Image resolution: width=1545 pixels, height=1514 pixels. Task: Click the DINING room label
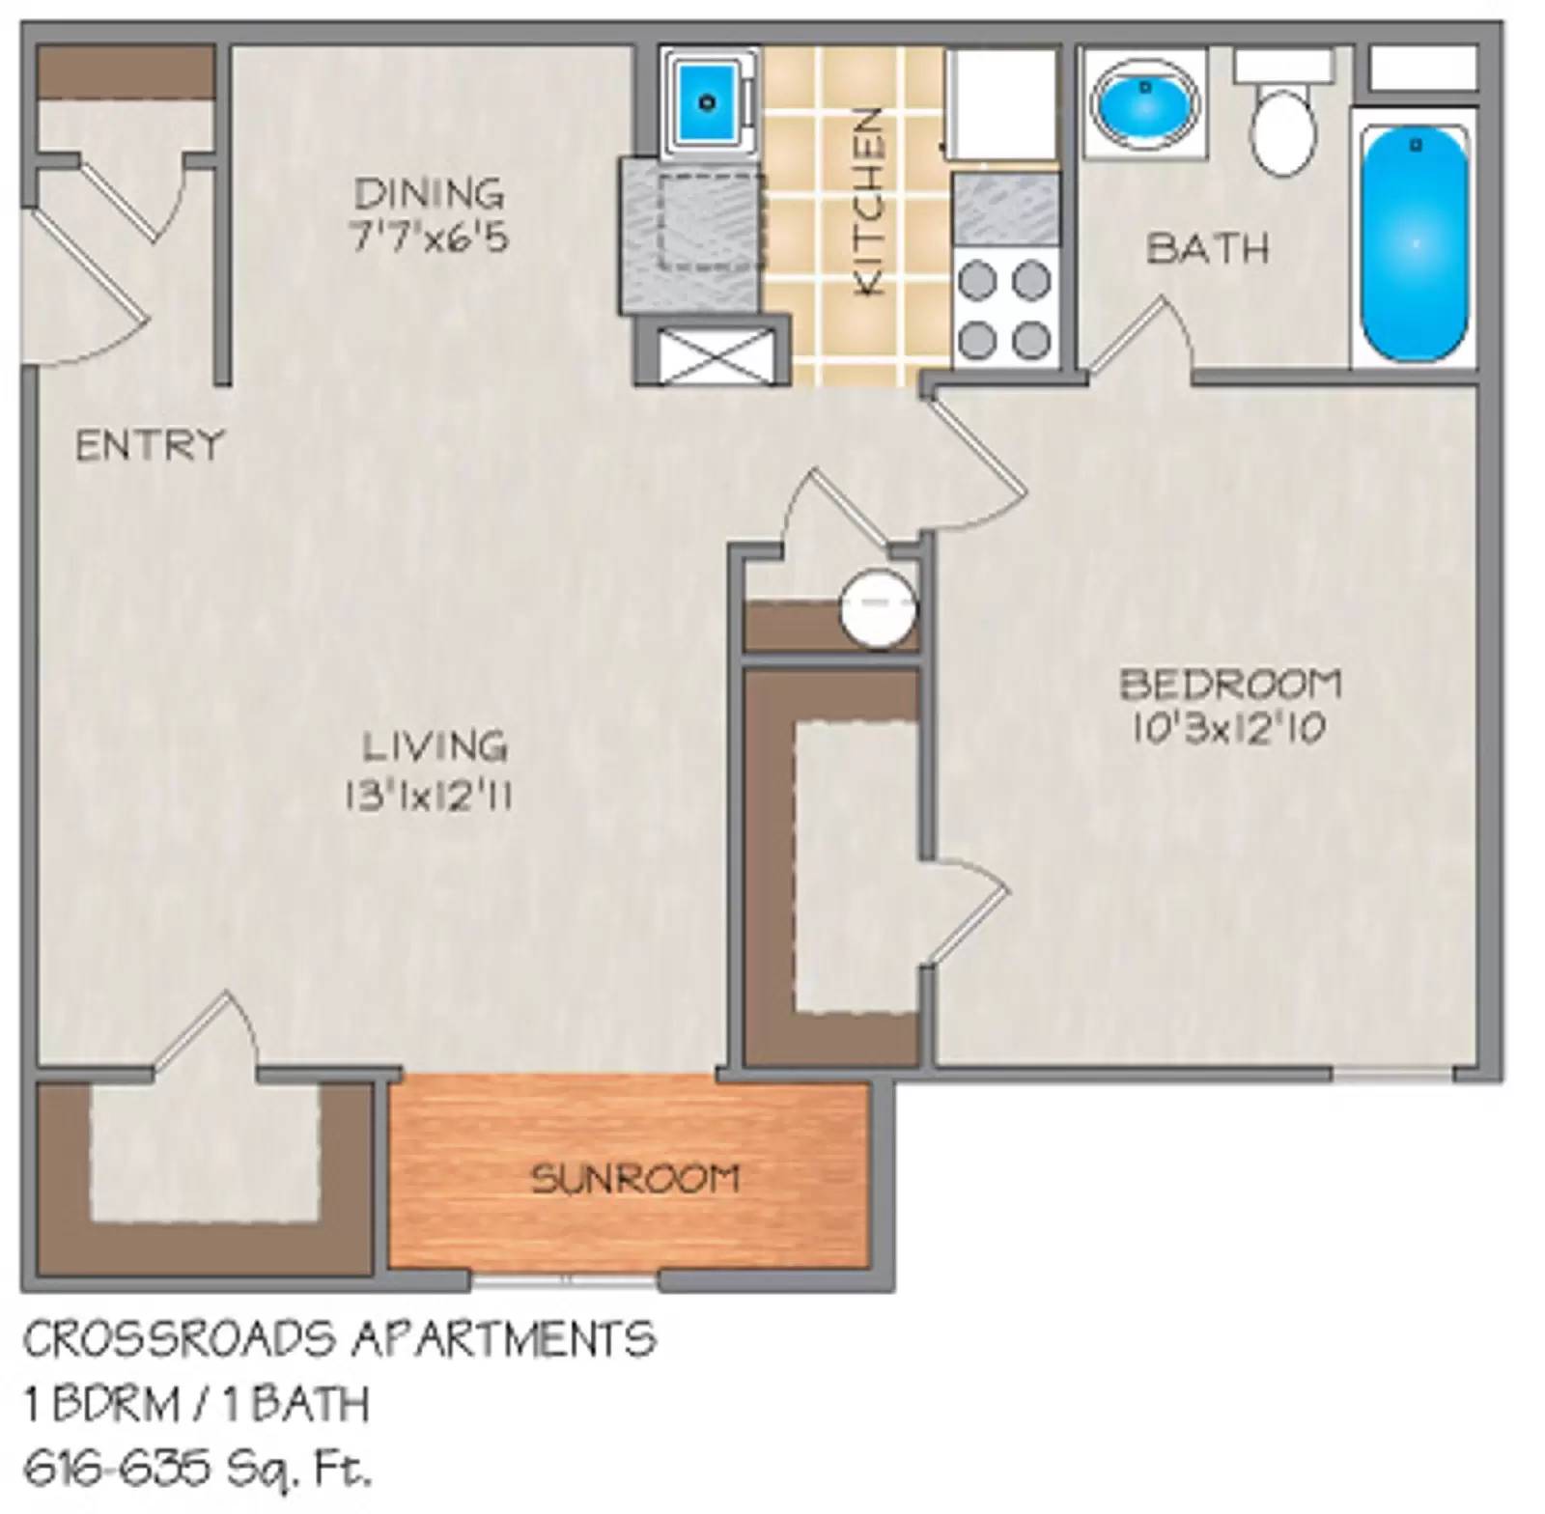(x=429, y=194)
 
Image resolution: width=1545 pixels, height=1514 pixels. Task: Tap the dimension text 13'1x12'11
(x=428, y=798)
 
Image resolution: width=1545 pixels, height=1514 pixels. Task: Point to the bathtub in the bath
(x=1415, y=243)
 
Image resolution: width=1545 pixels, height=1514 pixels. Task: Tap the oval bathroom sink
(x=1145, y=101)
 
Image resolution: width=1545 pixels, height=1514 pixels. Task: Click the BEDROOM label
(x=1231, y=685)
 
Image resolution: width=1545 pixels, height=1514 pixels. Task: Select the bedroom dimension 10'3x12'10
(x=1228, y=729)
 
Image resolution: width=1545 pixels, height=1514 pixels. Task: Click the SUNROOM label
(x=635, y=1179)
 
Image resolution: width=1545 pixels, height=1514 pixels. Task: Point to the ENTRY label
(x=150, y=446)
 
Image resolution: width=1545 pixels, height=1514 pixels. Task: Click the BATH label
(x=1207, y=249)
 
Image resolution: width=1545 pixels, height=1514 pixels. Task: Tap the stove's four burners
(x=1004, y=309)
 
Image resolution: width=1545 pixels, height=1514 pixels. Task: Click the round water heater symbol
(x=877, y=608)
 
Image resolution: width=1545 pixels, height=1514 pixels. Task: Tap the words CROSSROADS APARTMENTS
(x=339, y=1339)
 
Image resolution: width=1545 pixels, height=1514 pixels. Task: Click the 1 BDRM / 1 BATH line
(x=197, y=1405)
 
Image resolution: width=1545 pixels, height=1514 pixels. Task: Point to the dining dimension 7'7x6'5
(x=429, y=238)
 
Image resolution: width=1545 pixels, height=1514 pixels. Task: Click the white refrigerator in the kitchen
(x=1002, y=104)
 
